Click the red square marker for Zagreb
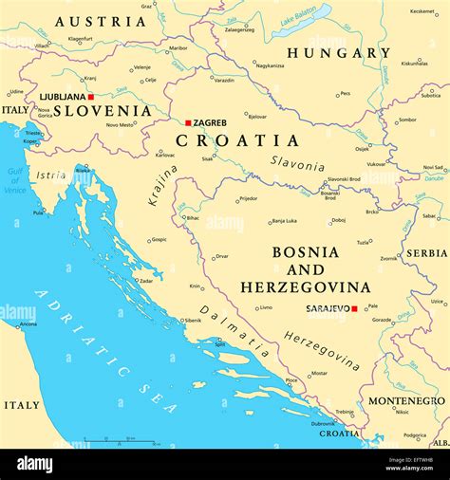(188, 122)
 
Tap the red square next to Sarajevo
(354, 308)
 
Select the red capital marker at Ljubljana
(91, 97)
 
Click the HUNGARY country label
(339, 53)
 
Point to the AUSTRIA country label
(101, 21)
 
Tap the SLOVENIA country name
(102, 110)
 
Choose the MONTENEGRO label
(404, 401)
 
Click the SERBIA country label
(426, 253)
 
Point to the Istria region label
(51, 175)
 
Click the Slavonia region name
(297, 164)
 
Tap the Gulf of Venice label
(15, 180)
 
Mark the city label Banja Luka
(285, 221)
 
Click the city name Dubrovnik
(324, 423)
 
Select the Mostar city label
(319, 373)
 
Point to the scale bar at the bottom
(106, 439)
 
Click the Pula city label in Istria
(38, 212)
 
